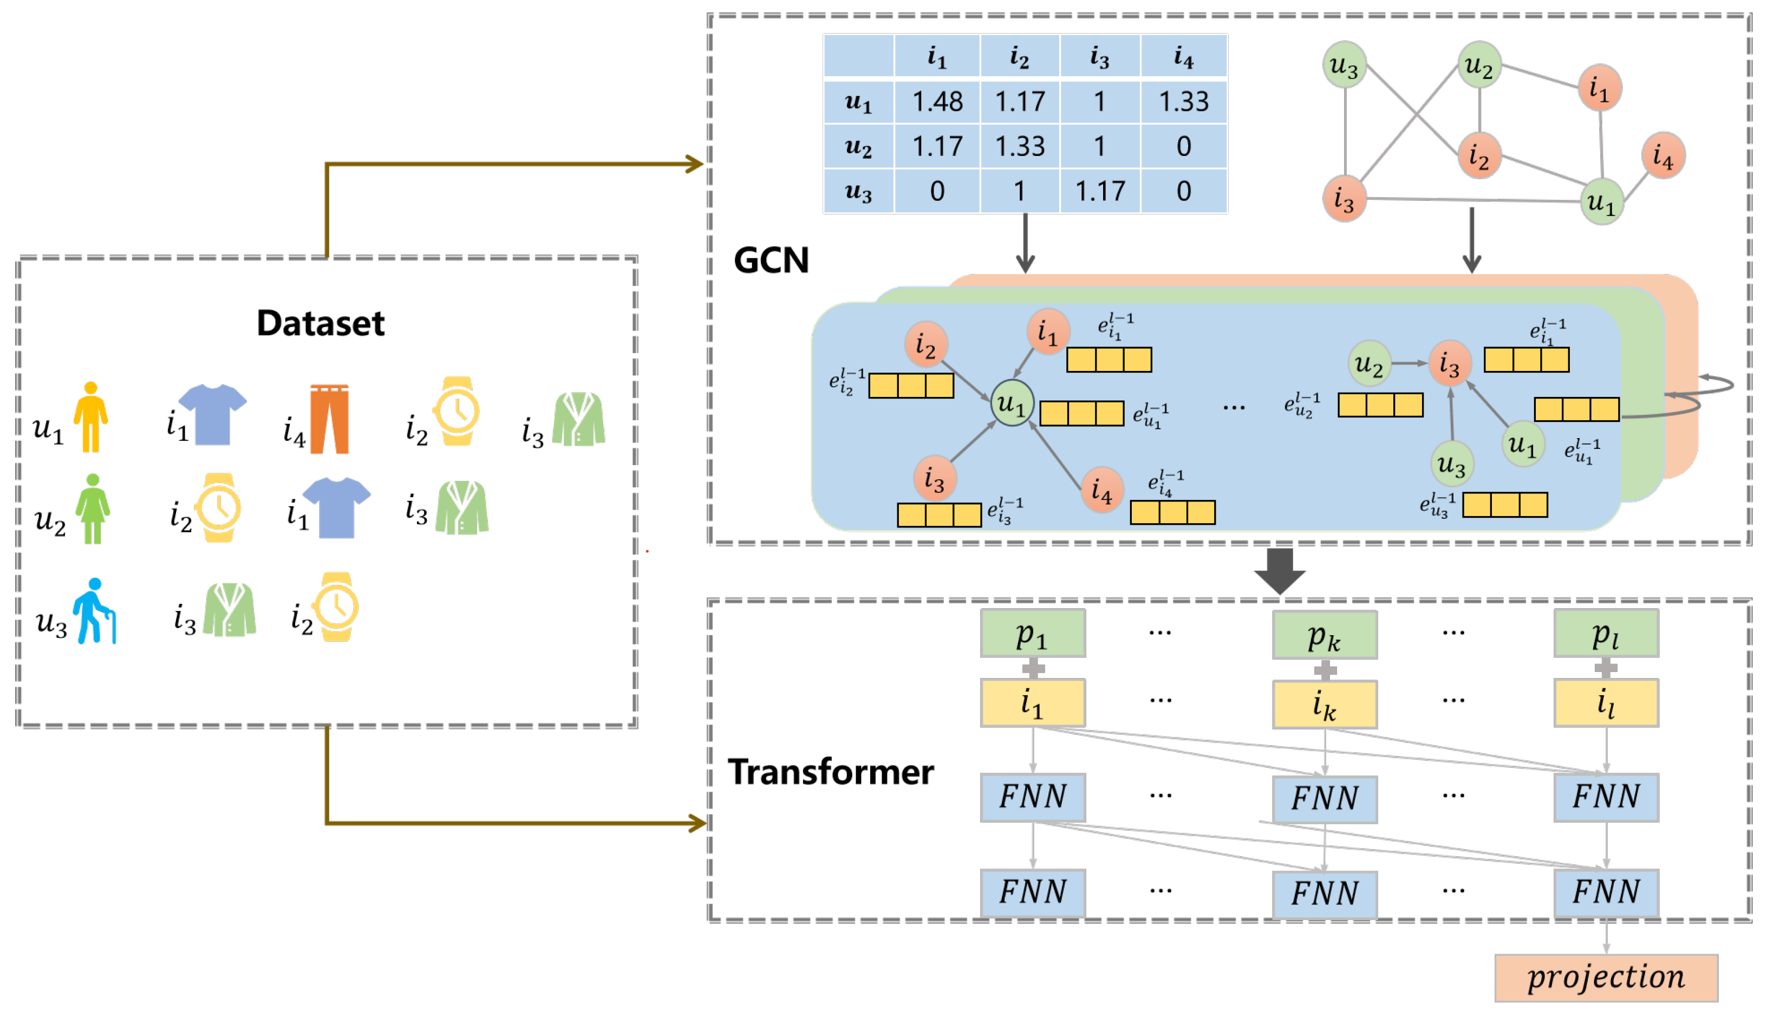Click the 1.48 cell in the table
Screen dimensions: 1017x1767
[937, 102]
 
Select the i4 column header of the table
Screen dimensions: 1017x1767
[1183, 56]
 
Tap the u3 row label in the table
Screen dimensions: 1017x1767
[858, 191]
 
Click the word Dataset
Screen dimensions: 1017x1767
[321, 323]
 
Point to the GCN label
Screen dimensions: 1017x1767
[771, 260]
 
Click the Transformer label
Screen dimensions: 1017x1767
[830, 772]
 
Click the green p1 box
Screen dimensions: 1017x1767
[1032, 634]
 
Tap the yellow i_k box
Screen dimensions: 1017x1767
[1324, 705]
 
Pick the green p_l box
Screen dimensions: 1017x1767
[1605, 634]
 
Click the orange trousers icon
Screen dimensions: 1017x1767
[329, 419]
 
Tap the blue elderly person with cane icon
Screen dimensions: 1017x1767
[95, 611]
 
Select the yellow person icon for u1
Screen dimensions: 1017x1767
[91, 417]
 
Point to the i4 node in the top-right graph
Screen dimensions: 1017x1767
[1663, 155]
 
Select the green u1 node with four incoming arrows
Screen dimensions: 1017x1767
[1012, 403]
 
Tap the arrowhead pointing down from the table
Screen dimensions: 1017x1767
[1025, 264]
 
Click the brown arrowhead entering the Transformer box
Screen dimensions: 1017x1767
[697, 823]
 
